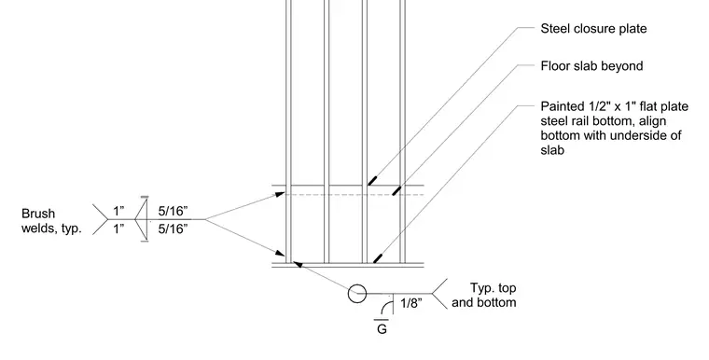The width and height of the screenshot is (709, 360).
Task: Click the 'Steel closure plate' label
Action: tap(593, 29)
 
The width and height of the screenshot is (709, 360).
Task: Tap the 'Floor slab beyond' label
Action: tap(591, 66)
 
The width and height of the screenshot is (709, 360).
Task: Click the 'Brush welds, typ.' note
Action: tap(51, 221)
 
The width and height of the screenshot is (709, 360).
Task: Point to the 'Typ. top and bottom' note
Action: tap(484, 296)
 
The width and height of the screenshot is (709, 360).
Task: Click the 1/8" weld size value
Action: tap(411, 303)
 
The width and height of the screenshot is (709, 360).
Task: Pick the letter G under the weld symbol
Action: tap(382, 329)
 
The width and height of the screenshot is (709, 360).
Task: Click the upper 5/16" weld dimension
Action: tap(173, 211)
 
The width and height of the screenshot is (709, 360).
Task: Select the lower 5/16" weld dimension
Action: tap(173, 228)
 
